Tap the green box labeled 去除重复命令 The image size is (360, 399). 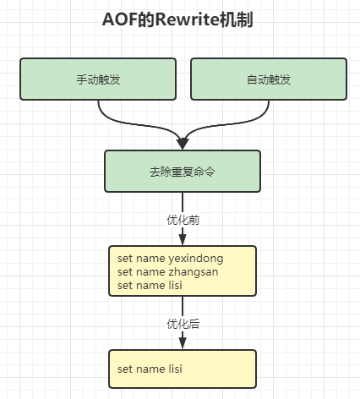coord(183,171)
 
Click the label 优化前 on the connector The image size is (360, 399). coord(183,219)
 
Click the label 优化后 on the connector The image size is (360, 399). coord(183,324)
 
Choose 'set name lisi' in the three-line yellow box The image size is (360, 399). coord(150,285)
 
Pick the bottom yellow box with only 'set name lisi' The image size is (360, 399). coord(183,369)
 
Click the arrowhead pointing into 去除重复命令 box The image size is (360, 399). coord(183,143)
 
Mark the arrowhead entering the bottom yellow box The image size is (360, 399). coord(183,343)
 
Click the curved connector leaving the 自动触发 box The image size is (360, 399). coord(254,118)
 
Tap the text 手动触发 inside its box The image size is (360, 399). coord(98,79)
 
